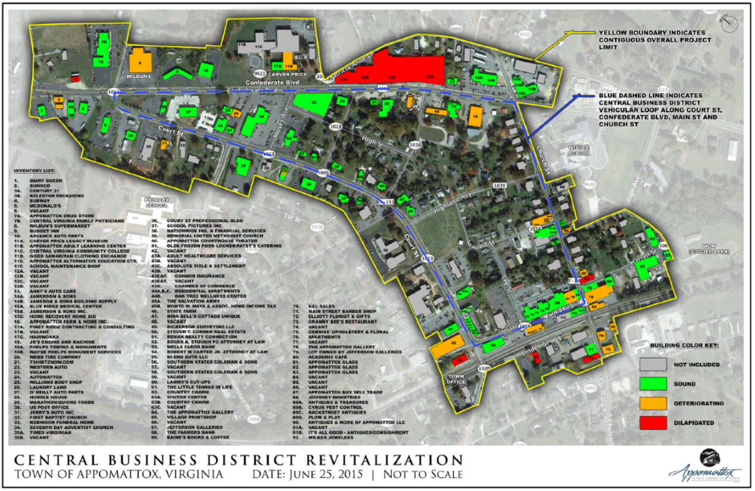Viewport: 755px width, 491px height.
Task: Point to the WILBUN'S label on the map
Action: pos(140,76)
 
